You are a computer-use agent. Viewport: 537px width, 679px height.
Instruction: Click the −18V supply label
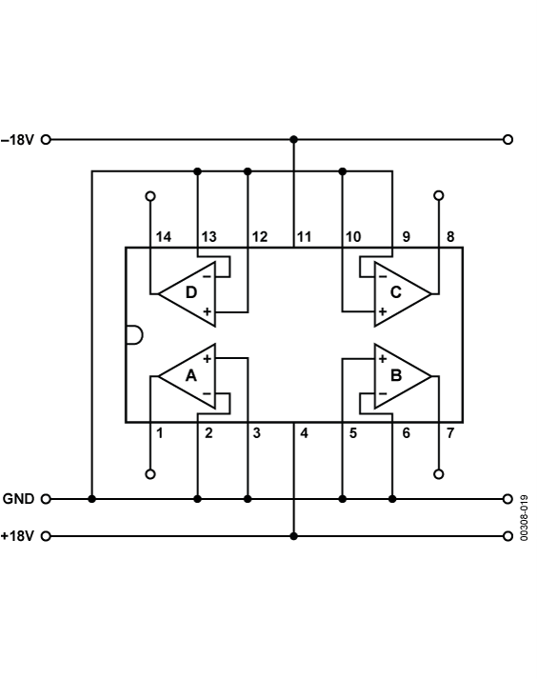pos(18,139)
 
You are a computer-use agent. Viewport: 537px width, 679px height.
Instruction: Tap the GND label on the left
pos(19,498)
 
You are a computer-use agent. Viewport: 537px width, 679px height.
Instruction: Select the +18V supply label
pos(18,536)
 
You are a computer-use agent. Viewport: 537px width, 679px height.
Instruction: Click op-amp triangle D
pos(189,290)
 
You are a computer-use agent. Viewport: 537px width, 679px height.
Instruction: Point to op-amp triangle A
pos(189,375)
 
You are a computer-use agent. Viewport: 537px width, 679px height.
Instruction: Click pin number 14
pos(163,236)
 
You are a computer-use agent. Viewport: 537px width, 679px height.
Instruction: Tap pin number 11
pos(304,236)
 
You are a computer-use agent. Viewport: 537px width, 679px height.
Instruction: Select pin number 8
pos(449,236)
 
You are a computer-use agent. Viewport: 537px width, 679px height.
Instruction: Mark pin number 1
pos(160,433)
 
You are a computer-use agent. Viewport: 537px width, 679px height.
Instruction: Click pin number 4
pos(304,433)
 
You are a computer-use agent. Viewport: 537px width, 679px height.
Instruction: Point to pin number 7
pos(449,433)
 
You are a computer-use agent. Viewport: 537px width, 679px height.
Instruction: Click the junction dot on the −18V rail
pos(293,139)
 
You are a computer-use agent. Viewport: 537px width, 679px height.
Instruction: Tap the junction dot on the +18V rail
pos(293,536)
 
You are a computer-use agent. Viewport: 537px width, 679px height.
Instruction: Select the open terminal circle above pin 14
pos(149,196)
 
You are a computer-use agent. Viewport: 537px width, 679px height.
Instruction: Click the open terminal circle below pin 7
pos(439,473)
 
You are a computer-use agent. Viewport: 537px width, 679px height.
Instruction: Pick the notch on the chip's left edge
pos(133,334)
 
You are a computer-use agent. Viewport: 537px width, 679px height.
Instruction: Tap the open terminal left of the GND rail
pos(46,498)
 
